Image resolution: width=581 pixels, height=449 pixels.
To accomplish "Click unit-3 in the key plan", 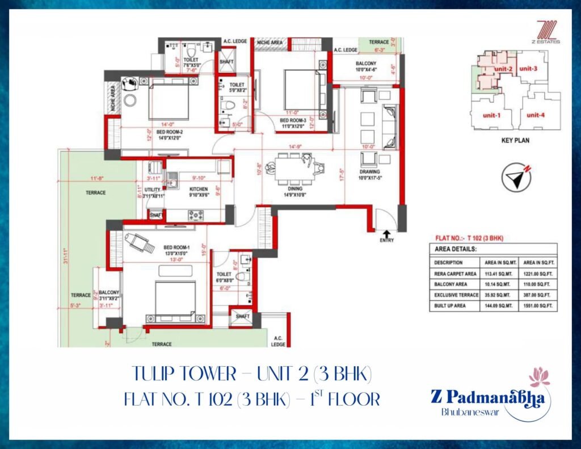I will coord(528,69).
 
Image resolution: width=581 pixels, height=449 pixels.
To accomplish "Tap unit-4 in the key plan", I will coord(535,115).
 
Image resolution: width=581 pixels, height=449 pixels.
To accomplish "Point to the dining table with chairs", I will coord(294,167).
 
